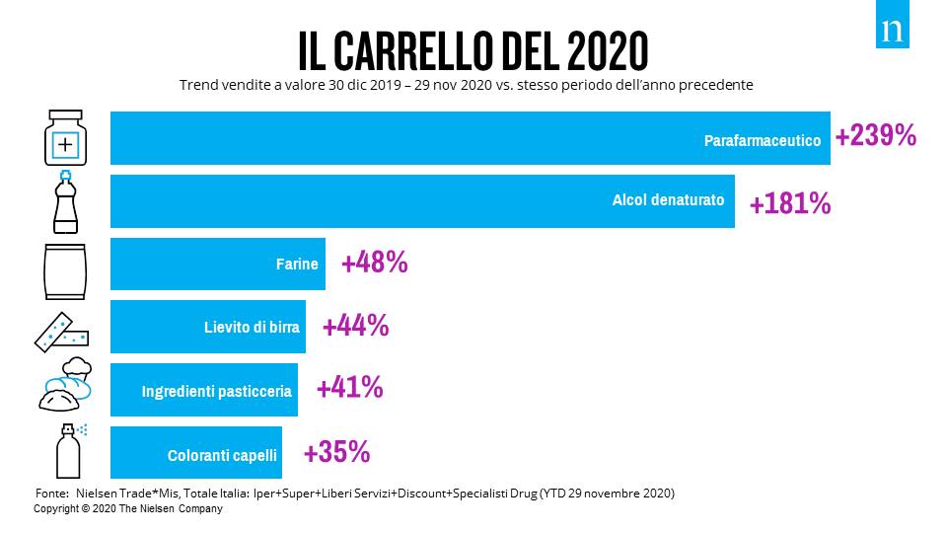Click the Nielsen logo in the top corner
pos(892,31)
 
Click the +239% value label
pos(875,136)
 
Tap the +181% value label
pos(789,203)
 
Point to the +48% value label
pos(374,263)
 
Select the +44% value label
pos(355,326)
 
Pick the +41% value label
pos(349,388)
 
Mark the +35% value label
pos(336,452)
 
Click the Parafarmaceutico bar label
pos(762,141)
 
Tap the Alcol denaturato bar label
pos(668,200)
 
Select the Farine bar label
pos(297,265)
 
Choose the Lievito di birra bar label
pos(246,328)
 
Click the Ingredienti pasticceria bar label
pos(217,391)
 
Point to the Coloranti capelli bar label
pos(223,456)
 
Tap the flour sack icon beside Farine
pos(65,267)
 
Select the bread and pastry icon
pos(65,387)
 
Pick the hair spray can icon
pos(68,451)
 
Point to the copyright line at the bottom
pos(128,508)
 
